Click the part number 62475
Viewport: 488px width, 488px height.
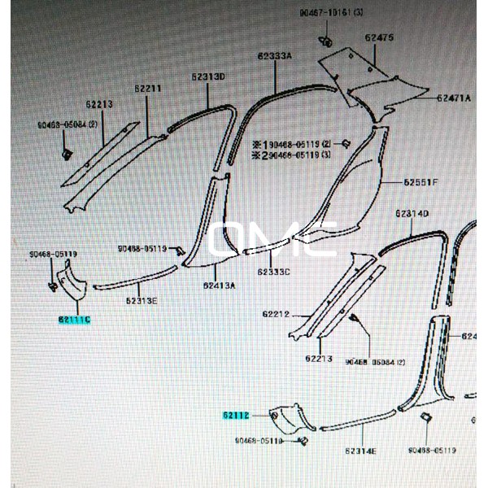pyautogui.click(x=380, y=38)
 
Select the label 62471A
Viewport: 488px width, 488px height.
pyautogui.click(x=453, y=98)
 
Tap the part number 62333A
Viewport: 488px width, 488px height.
pyautogui.click(x=276, y=56)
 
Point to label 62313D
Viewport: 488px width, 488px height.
pyautogui.click(x=208, y=76)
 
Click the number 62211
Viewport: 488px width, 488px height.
pyautogui.click(x=148, y=89)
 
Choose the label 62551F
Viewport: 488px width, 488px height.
pyautogui.click(x=421, y=182)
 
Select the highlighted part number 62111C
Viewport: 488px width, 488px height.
pyautogui.click(x=74, y=320)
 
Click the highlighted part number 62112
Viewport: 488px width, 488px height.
pyautogui.click(x=235, y=415)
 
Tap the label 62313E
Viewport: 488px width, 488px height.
pyautogui.click(x=142, y=301)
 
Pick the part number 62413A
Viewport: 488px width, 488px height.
pyautogui.click(x=219, y=285)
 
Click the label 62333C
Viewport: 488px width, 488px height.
pyautogui.click(x=273, y=272)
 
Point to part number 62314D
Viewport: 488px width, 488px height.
pyautogui.click(x=412, y=214)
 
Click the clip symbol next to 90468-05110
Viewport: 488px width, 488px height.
pyautogui.click(x=303, y=442)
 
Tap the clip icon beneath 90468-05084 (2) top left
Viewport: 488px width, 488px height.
pyautogui.click(x=68, y=153)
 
